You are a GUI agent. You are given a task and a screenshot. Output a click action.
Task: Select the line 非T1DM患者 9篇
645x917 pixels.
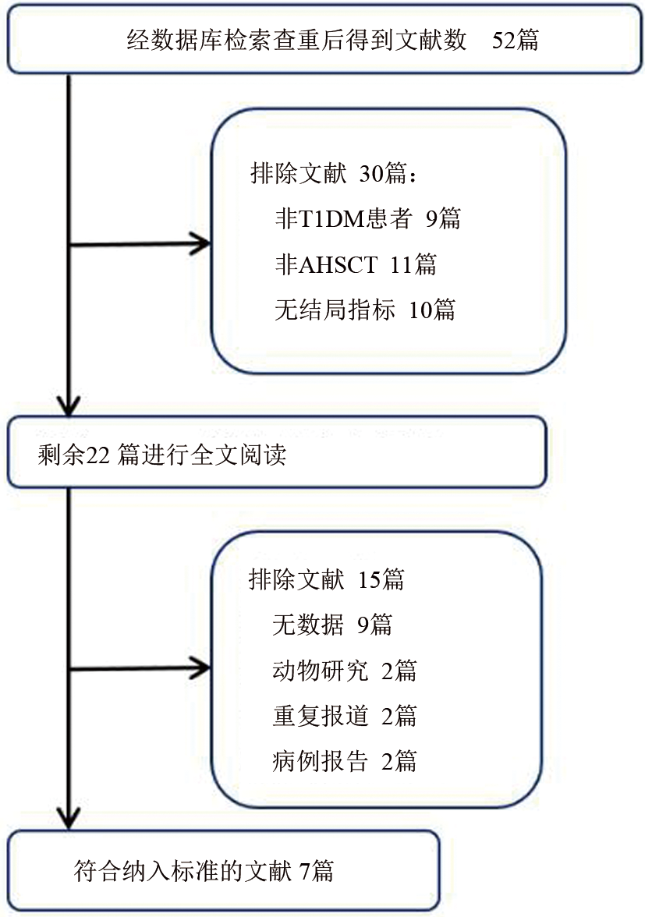click(367, 220)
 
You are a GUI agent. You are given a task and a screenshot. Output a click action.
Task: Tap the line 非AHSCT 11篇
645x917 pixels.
click(355, 265)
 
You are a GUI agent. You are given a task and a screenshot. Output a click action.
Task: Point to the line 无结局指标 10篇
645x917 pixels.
click(364, 310)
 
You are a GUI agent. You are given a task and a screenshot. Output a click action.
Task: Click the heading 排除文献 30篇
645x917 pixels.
click(334, 175)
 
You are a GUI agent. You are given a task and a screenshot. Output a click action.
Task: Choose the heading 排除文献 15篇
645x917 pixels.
click(326, 579)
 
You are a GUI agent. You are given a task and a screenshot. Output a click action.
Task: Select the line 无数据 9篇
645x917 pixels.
click(331, 625)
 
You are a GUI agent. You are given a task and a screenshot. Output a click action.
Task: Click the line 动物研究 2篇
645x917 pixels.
click(344, 671)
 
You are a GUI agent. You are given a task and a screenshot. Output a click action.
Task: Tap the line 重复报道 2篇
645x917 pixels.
click(344, 716)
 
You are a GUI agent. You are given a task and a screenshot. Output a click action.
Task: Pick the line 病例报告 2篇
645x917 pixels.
click(344, 761)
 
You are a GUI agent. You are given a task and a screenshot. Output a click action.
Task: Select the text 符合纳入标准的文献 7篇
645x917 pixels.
click(204, 869)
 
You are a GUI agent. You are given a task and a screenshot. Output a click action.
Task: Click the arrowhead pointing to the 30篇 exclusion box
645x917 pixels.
click(200, 244)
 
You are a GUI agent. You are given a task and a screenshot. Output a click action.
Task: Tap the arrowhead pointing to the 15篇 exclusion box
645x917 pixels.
click(200, 668)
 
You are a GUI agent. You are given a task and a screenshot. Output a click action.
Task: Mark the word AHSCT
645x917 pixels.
click(340, 265)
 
